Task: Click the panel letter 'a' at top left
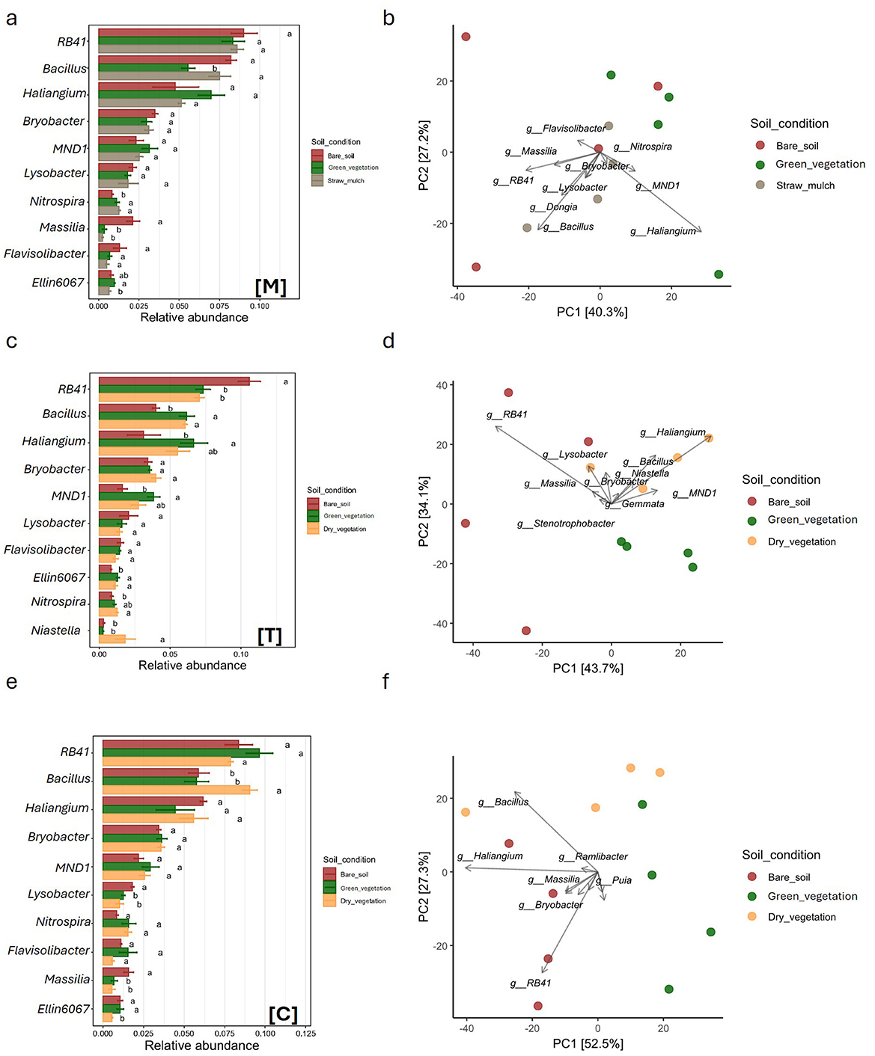click(x=11, y=19)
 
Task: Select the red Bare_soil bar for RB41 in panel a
click(x=171, y=33)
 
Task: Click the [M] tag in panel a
click(x=270, y=286)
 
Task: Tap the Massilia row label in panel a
click(x=62, y=227)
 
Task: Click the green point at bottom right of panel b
click(x=719, y=274)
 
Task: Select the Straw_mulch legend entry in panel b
click(x=805, y=185)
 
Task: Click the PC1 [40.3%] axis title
click(x=591, y=312)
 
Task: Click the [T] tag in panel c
click(x=269, y=636)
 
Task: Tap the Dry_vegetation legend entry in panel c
click(x=344, y=529)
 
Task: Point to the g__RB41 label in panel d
click(x=507, y=414)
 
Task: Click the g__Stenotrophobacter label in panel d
click(x=565, y=524)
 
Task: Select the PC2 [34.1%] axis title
click(x=424, y=512)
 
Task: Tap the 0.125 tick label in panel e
click(x=305, y=1034)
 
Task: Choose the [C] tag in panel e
click(x=283, y=1014)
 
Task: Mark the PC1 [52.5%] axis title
click(x=588, y=1043)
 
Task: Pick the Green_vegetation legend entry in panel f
click(x=812, y=896)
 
